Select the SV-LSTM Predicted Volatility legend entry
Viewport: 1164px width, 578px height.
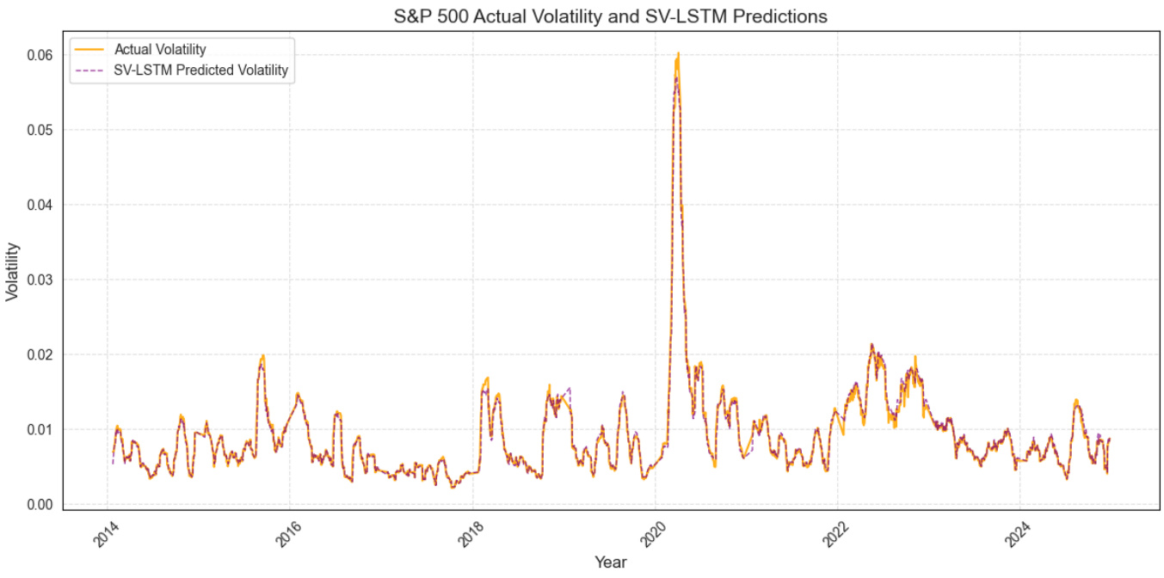pyautogui.click(x=200, y=71)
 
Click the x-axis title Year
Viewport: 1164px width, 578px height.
pyautogui.click(x=610, y=563)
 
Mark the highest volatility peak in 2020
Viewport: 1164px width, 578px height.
pyautogui.click(x=678, y=53)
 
